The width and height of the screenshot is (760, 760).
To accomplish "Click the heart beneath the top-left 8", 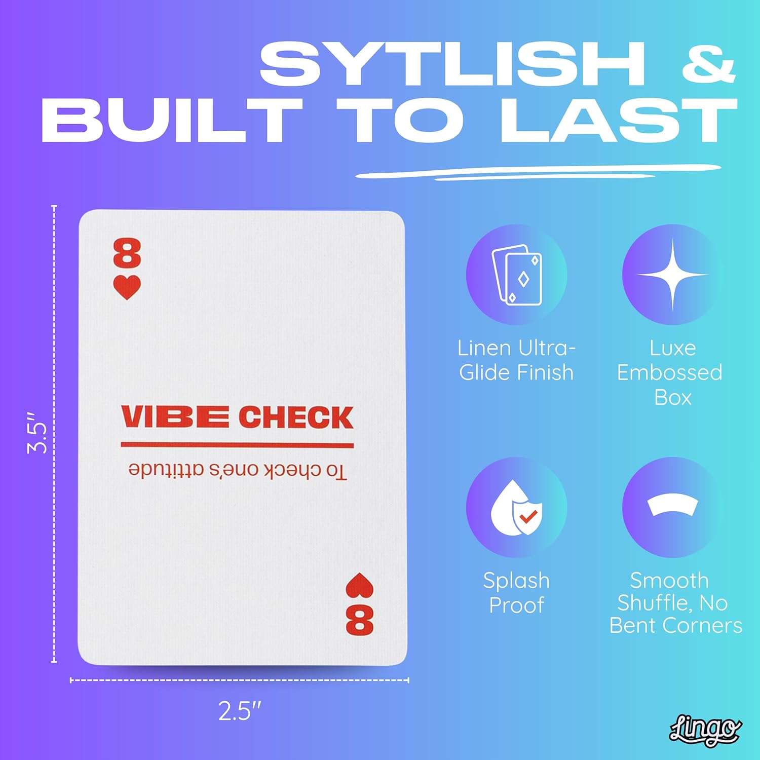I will click(x=127, y=288).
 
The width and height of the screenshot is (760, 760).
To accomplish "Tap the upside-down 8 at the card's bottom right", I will click(x=359, y=620).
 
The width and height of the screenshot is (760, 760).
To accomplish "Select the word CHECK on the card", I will click(x=295, y=417).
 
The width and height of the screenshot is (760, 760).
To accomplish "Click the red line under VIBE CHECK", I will click(x=237, y=445).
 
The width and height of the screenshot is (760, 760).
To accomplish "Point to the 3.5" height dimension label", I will click(x=37, y=432).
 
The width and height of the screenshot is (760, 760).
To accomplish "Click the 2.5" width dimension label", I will click(x=239, y=711).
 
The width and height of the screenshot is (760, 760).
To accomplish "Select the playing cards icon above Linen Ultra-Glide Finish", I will click(x=516, y=275).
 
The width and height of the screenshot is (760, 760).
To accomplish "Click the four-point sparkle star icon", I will click(x=672, y=275).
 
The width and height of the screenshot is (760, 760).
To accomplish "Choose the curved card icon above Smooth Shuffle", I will click(x=672, y=504).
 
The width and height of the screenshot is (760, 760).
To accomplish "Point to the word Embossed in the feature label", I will click(x=669, y=373).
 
